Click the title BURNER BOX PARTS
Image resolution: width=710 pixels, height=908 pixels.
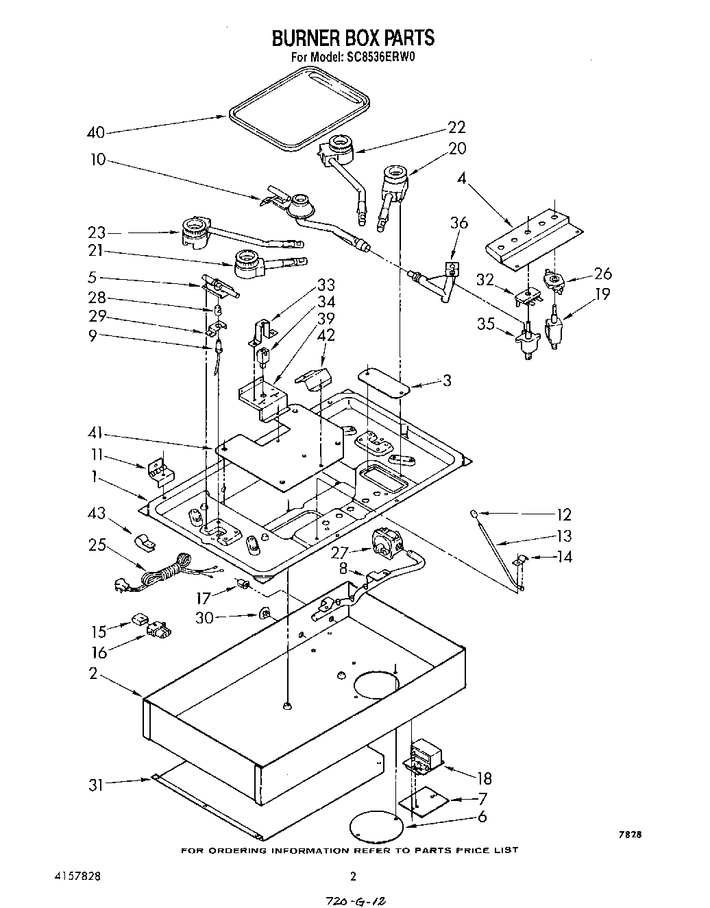[x=353, y=37]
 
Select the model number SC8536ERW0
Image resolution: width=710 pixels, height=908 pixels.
[x=382, y=58]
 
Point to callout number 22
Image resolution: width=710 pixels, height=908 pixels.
[x=456, y=127]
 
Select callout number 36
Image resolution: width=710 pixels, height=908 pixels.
[x=459, y=224]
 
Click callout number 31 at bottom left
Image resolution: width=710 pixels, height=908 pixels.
[x=97, y=785]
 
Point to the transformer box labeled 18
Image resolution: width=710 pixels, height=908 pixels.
[x=425, y=757]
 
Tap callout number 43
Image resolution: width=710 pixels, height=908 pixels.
[x=97, y=513]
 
